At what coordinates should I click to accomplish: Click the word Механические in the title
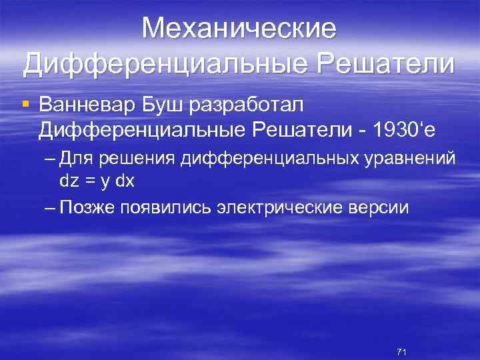(240, 29)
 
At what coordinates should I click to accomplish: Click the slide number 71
(401, 351)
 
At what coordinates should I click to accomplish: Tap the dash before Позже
(51, 207)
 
